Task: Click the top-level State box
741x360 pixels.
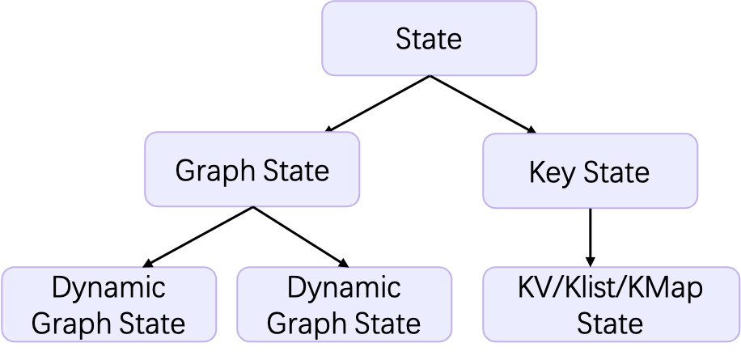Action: click(429, 38)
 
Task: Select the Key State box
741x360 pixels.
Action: click(590, 171)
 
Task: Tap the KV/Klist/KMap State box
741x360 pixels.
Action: click(610, 305)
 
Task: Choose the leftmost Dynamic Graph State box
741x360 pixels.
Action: click(108, 305)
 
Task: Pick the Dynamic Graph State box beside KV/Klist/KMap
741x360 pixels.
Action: click(344, 305)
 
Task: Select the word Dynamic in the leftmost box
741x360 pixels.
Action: click(108, 288)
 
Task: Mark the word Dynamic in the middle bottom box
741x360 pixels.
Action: click(344, 288)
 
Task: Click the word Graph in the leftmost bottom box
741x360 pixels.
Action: click(68, 324)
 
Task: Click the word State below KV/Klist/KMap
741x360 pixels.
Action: click(610, 324)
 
